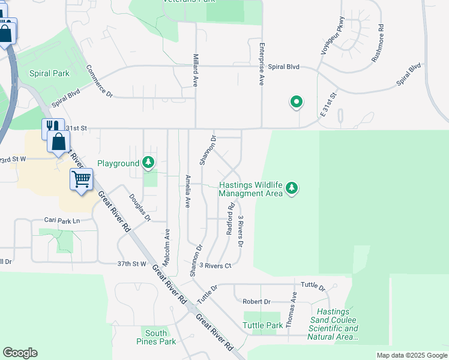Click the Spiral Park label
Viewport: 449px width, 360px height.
pyautogui.click(x=49, y=73)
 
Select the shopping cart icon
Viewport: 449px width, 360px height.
pyautogui.click(x=81, y=178)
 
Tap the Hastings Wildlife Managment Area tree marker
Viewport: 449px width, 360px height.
pyautogui.click(x=292, y=188)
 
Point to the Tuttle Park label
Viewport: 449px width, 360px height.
pyautogui.click(x=262, y=325)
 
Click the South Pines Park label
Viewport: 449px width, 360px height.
pyautogui.click(x=156, y=337)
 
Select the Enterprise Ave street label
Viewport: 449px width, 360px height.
pyautogui.click(x=262, y=64)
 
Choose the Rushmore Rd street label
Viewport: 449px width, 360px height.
pyautogui.click(x=377, y=44)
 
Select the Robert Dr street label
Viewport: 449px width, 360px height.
pyautogui.click(x=256, y=302)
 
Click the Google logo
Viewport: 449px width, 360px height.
pyautogui.click(x=20, y=353)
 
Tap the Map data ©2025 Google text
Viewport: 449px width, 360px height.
pyautogui.click(x=411, y=355)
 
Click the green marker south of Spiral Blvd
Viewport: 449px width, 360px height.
pyautogui.click(x=296, y=103)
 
